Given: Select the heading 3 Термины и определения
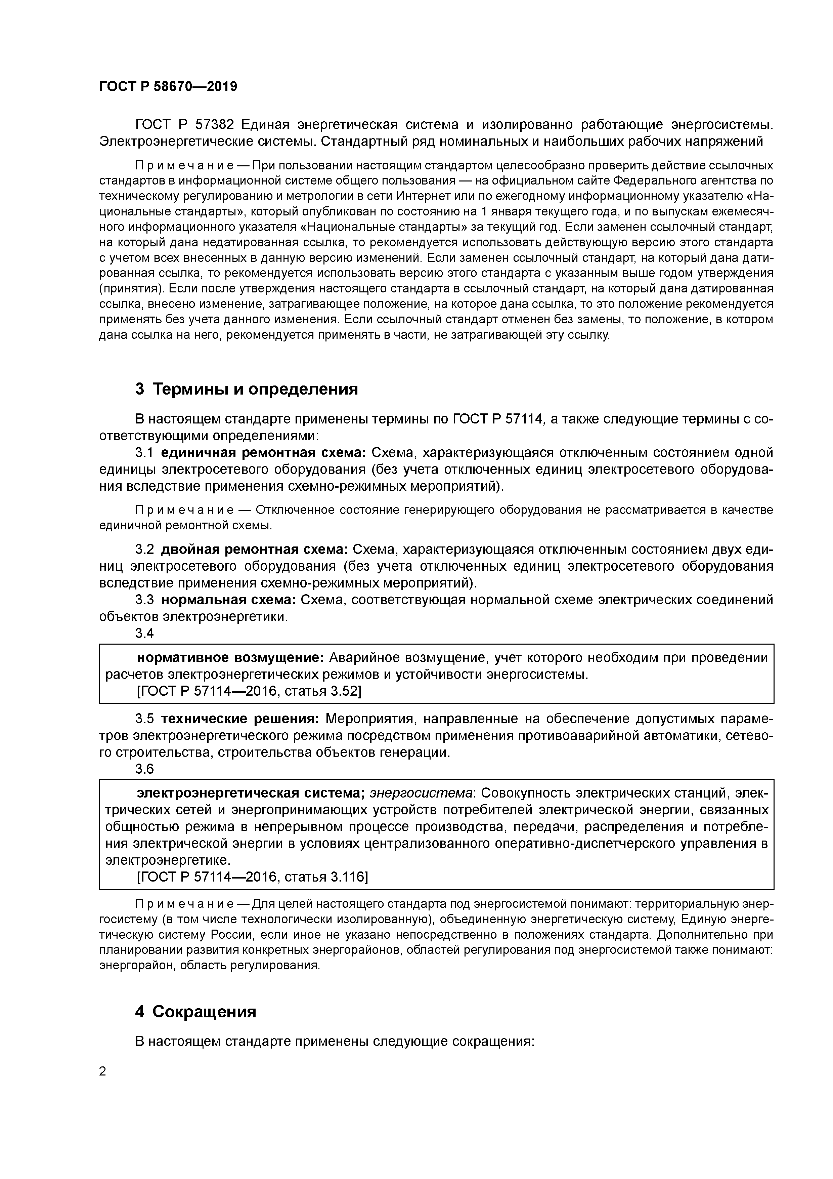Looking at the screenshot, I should pyautogui.click(x=246, y=389).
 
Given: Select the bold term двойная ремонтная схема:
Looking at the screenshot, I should pyautogui.click(x=254, y=550).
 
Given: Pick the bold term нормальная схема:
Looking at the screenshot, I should pyautogui.click(x=228, y=600).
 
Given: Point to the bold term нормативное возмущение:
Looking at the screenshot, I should pyautogui.click(x=230, y=658).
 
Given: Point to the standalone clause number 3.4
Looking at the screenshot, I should pyautogui.click(x=144, y=633).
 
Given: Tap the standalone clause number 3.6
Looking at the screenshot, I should pyautogui.click(x=144, y=769).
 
